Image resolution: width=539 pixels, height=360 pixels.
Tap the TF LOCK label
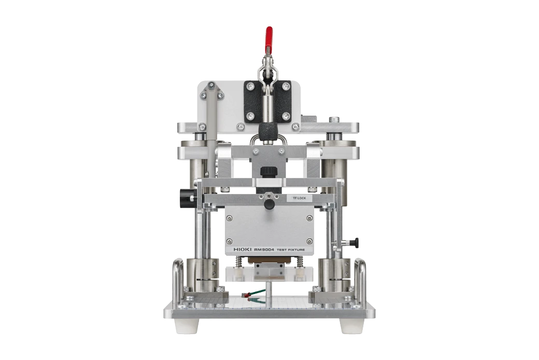299,198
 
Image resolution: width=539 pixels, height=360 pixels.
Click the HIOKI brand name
243,249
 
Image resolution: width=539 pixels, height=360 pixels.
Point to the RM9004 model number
264,249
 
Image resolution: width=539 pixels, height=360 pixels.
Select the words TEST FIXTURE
291,250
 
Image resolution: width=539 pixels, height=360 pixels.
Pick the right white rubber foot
352,325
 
